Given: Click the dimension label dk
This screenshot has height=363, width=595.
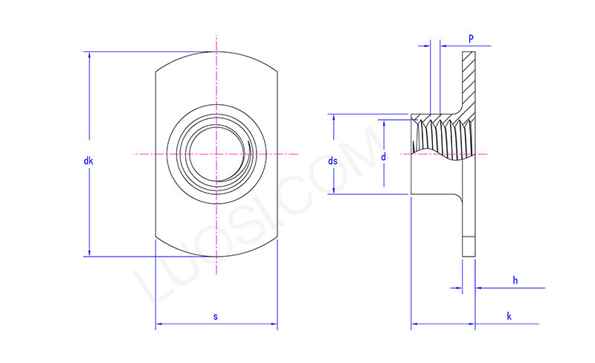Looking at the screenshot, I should coord(88,161).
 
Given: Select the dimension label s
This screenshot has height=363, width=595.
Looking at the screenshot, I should coord(216,317).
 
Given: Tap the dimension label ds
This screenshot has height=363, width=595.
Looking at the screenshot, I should coord(333,161).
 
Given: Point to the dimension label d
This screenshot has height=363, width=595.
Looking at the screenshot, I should coord(383,157).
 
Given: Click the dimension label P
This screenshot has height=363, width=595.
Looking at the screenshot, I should coord(471,37).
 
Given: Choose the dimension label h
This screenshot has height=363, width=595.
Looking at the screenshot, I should coord(515,280).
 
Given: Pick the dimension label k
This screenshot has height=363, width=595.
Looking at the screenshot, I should coord(509,316).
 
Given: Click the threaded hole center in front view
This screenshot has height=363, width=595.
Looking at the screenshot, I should coord(216,154).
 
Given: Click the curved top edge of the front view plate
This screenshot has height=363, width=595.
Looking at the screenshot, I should coord(216,52).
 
